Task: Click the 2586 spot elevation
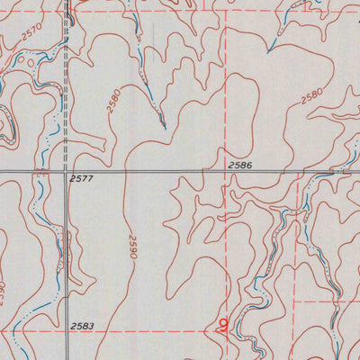pyautogui.click(x=239, y=166)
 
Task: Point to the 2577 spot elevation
pyautogui.click(x=81, y=179)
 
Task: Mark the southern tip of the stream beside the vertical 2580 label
pyautogui.click(x=163, y=123)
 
